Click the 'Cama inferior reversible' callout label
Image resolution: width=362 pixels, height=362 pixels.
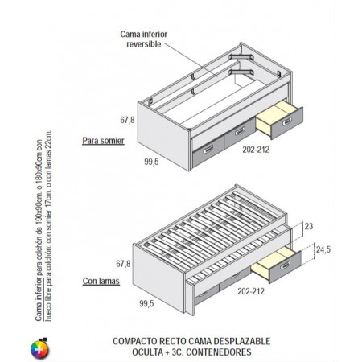click(x=144, y=39)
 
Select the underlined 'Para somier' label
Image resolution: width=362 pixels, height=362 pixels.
click(x=103, y=141)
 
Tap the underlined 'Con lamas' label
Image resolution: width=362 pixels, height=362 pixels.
click(x=101, y=281)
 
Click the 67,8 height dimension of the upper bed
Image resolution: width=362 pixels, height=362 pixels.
click(x=127, y=120)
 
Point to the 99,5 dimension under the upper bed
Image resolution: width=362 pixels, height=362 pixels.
click(x=151, y=162)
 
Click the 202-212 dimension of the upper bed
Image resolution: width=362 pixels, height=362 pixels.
click(x=256, y=150)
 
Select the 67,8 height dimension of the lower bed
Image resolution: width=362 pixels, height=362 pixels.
click(x=123, y=264)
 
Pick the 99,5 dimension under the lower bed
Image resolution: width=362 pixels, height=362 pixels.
click(x=146, y=303)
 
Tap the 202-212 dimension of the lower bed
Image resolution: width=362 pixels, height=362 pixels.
click(x=251, y=291)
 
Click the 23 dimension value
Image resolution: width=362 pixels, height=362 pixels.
click(x=309, y=226)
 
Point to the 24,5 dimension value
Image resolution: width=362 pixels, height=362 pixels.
click(x=323, y=249)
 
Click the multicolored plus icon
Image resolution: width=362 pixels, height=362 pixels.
click(x=39, y=348)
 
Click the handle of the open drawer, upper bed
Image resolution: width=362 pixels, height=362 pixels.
click(x=287, y=121)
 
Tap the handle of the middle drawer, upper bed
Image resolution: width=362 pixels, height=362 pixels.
click(x=240, y=131)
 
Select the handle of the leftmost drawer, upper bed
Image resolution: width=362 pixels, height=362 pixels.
click(x=208, y=150)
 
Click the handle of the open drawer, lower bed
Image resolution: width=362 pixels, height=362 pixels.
click(x=285, y=265)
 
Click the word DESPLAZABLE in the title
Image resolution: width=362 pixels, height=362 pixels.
click(x=242, y=341)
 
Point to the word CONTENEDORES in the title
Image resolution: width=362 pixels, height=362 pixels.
click(x=219, y=352)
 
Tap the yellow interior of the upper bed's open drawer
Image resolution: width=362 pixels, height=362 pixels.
click(x=274, y=116)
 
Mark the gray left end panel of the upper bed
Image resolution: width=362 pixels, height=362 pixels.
click(x=163, y=136)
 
